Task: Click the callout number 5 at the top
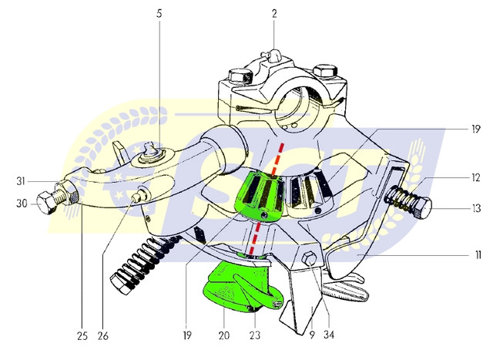pyautogui.click(x=159, y=14)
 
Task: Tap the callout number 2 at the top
pyautogui.click(x=274, y=14)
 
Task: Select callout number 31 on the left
pyautogui.click(x=21, y=182)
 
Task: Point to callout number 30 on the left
pyautogui.click(x=22, y=204)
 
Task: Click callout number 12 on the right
pyautogui.click(x=476, y=178)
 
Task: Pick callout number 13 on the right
pyautogui.click(x=477, y=208)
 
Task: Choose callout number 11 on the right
pyautogui.click(x=478, y=255)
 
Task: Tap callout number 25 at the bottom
pyautogui.click(x=82, y=336)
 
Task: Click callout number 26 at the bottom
pyautogui.click(x=102, y=336)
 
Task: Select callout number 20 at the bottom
pyautogui.click(x=224, y=335)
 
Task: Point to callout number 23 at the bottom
pyautogui.click(x=255, y=335)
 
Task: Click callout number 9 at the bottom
pyautogui.click(x=311, y=335)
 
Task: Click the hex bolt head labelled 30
pyautogui.click(x=46, y=204)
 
